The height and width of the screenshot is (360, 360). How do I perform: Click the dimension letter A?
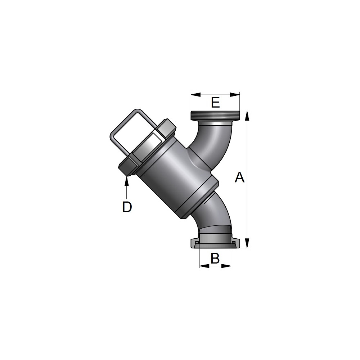[x=239, y=177]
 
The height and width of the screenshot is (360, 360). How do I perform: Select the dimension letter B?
[x=215, y=258]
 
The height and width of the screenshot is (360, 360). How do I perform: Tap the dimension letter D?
[x=127, y=207]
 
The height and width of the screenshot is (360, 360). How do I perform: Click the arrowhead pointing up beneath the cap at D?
[x=126, y=181]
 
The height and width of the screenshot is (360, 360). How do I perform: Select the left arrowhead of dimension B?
[x=204, y=266]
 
